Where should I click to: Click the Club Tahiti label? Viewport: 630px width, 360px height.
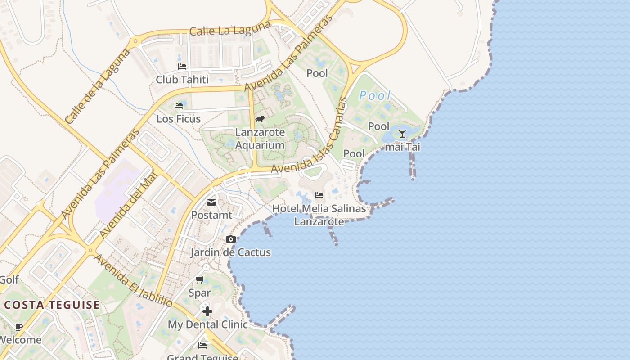click(x=182, y=80)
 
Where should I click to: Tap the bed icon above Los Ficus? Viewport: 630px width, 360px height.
click(x=179, y=106)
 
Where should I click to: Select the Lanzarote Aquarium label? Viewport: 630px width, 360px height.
click(x=260, y=139)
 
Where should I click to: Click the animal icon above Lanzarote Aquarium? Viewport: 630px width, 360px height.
click(x=260, y=119)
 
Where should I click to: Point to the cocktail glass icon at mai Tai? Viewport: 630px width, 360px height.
click(x=402, y=133)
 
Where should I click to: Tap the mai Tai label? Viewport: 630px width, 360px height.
click(x=402, y=147)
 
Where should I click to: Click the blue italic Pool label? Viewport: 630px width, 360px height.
click(x=375, y=96)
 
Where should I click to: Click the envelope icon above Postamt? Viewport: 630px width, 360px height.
click(x=211, y=202)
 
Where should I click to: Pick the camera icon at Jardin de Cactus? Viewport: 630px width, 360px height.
click(x=231, y=239)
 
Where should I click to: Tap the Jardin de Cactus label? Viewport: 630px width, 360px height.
click(x=230, y=252)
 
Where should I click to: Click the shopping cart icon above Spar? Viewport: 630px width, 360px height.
click(x=200, y=280)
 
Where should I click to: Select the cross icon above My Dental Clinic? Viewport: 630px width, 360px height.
click(x=207, y=311)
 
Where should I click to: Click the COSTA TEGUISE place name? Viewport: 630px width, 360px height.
click(x=52, y=305)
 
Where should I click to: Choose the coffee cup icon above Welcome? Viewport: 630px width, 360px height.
click(x=18, y=327)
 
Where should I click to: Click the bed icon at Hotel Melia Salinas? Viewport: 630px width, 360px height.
click(x=319, y=195)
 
